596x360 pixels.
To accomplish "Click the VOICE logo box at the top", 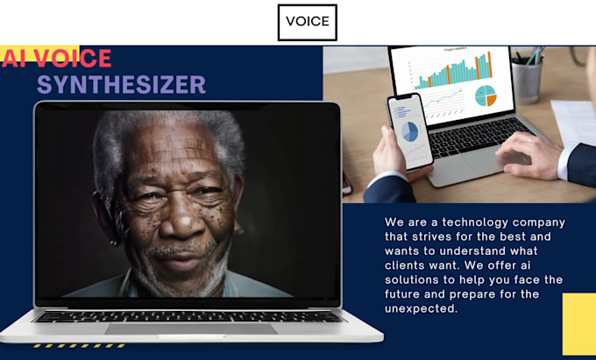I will pyautogui.click(x=307, y=22).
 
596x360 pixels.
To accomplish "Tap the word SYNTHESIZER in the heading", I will pyautogui.click(x=121, y=84).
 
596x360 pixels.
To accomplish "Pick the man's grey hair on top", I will pyautogui.click(x=167, y=131).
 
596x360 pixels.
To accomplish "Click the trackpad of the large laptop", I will pyautogui.click(x=191, y=328).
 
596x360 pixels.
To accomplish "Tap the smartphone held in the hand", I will pyautogui.click(x=410, y=131).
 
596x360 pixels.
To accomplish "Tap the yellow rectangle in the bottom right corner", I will pyautogui.click(x=578, y=324).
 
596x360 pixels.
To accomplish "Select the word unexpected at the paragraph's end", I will pyautogui.click(x=421, y=308).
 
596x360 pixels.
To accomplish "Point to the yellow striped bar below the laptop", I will pyautogui.click(x=66, y=346).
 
